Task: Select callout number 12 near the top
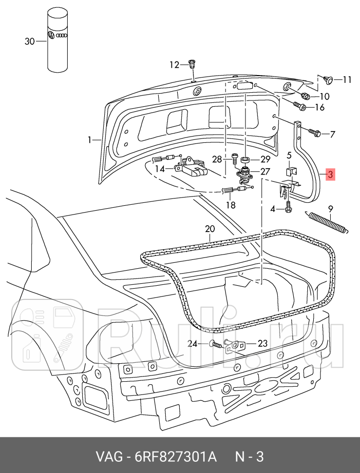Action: [x=174, y=65]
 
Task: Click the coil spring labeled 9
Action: [x=327, y=222]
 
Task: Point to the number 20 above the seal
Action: [x=209, y=229]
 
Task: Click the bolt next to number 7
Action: [x=314, y=133]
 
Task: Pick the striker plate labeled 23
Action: [x=236, y=345]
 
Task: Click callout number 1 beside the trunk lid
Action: [x=90, y=140]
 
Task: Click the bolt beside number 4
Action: [x=288, y=208]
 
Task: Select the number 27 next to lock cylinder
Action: [x=265, y=171]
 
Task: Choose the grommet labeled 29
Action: [x=246, y=159]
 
